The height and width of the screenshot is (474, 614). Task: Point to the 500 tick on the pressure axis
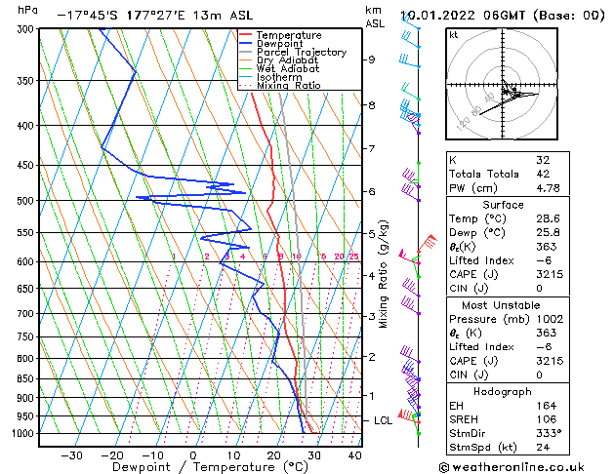click(23, 201)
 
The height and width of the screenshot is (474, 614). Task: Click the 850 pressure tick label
click(23, 379)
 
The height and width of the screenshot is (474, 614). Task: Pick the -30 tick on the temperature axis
click(71, 455)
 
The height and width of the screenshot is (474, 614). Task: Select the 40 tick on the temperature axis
click(354, 455)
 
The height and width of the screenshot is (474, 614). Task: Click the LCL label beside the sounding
click(383, 420)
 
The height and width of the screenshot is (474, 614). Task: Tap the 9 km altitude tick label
click(371, 59)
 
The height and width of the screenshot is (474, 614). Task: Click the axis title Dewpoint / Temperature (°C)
click(194, 467)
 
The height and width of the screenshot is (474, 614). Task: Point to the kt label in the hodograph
click(453, 35)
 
